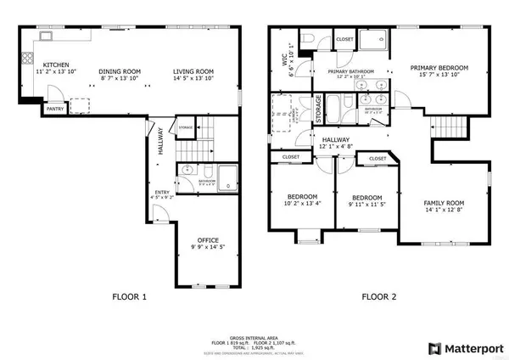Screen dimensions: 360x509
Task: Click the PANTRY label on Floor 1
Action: (54, 109)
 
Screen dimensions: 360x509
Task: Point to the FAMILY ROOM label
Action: (445, 203)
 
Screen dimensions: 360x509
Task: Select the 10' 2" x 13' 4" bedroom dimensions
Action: (301, 204)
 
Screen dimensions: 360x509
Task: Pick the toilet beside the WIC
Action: (310, 38)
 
